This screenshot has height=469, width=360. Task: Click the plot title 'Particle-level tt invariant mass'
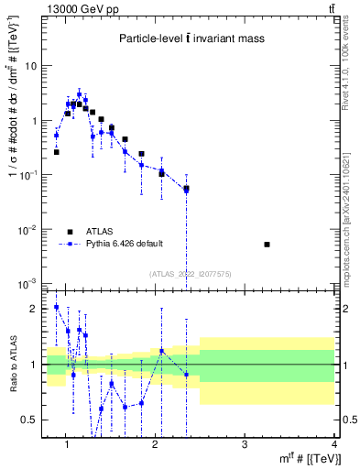pos(192,38)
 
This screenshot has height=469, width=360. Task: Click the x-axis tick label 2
pos(155,444)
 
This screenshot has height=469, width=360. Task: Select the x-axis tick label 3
pos(244,444)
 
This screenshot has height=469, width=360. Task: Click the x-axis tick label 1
pos(66,444)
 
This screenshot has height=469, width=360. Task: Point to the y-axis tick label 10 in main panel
pos(31,66)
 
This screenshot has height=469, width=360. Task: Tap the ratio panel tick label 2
pos(35,309)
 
